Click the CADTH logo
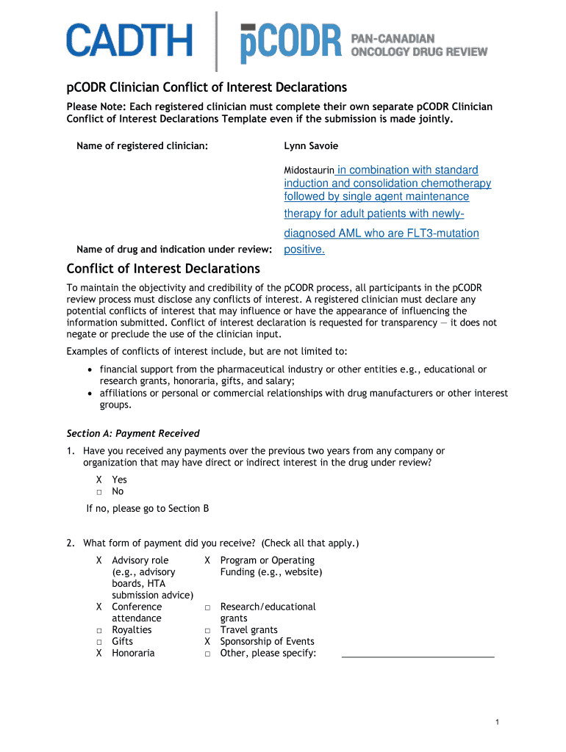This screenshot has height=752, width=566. (129, 40)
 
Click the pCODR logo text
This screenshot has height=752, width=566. (291, 43)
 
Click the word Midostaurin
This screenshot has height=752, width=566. (309, 170)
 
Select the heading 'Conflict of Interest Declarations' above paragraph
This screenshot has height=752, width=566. (163, 269)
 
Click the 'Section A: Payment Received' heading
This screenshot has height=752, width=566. (133, 433)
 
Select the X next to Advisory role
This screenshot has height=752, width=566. (99, 560)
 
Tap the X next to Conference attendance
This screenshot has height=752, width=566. (99, 607)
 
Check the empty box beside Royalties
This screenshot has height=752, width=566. (99, 630)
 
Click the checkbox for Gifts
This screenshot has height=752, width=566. (99, 642)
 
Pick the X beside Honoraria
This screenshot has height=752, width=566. (99, 653)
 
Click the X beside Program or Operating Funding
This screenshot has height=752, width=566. (208, 560)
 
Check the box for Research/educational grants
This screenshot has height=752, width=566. (208, 607)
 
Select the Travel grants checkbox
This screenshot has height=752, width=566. (208, 630)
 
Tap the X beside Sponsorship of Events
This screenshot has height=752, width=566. (208, 641)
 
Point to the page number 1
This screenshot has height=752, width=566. (498, 723)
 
